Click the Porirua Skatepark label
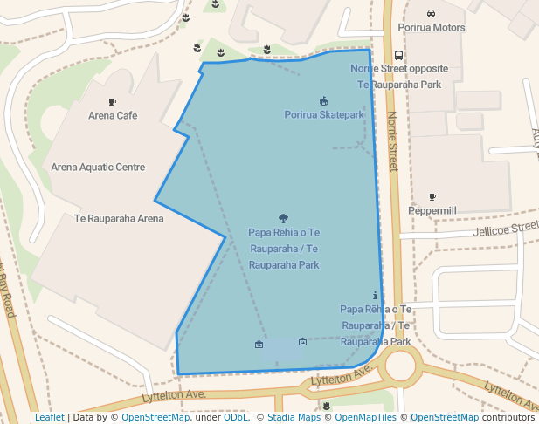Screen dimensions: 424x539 (323, 115)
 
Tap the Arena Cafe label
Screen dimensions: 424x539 (113, 115)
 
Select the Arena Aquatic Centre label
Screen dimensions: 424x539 (98, 167)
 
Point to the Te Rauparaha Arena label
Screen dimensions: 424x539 (119, 218)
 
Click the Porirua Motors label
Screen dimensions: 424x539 (432, 28)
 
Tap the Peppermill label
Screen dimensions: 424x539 (432, 211)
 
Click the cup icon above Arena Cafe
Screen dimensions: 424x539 (113, 102)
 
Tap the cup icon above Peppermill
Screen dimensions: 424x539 (432, 197)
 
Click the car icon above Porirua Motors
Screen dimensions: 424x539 (431, 13)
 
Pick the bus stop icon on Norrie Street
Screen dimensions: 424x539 (399, 55)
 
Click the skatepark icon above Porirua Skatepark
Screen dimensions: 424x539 (324, 101)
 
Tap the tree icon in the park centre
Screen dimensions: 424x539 (283, 218)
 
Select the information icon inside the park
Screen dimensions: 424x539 (376, 296)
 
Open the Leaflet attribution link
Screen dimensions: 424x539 (49, 417)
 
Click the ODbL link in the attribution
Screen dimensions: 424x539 (235, 417)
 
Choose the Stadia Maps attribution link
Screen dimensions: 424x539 (293, 417)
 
